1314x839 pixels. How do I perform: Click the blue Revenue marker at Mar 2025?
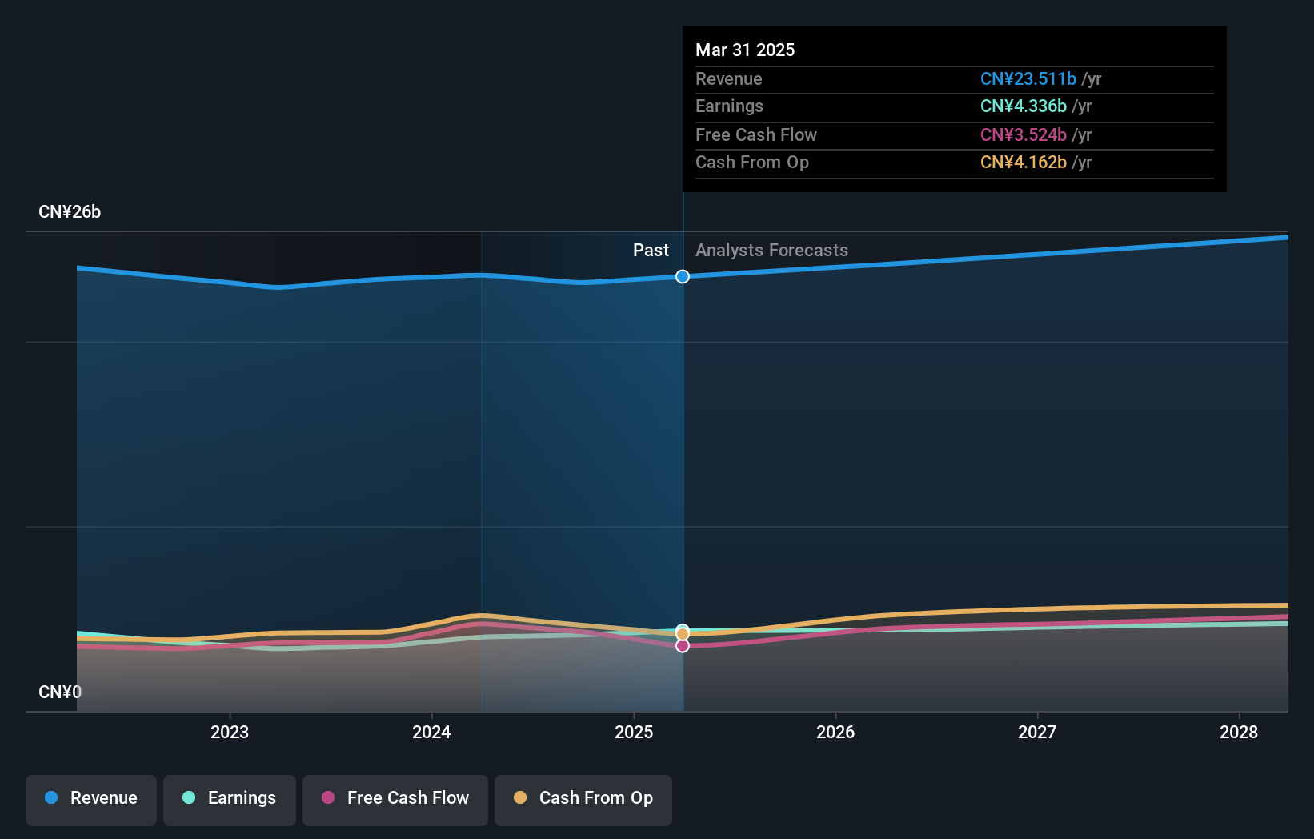coord(682,276)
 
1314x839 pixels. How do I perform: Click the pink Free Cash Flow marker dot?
coord(682,645)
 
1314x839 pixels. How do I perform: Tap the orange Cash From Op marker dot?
coord(682,634)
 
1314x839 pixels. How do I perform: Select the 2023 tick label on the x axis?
coord(230,732)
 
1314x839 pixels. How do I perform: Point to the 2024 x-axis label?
coord(431,732)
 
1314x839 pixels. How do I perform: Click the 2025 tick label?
coord(634,732)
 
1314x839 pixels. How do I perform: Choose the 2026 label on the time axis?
coord(835,732)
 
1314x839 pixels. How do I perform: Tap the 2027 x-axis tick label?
coord(1037,732)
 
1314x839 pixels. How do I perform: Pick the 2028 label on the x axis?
coord(1239,732)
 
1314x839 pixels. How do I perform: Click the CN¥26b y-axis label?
coord(70,212)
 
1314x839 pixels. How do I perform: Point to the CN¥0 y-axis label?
coord(60,692)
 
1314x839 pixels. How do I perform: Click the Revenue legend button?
coord(91,798)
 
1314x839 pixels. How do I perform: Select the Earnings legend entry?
coord(230,798)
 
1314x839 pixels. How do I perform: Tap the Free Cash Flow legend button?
coord(395,798)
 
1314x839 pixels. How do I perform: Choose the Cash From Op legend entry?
coord(583,798)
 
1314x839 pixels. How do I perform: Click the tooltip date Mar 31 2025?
coord(745,50)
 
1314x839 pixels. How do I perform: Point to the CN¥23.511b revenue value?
coord(1028,78)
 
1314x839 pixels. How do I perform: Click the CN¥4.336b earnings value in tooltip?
coord(1024,106)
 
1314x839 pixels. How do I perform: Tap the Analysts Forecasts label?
coord(771,250)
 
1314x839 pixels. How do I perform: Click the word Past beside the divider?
coord(651,250)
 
